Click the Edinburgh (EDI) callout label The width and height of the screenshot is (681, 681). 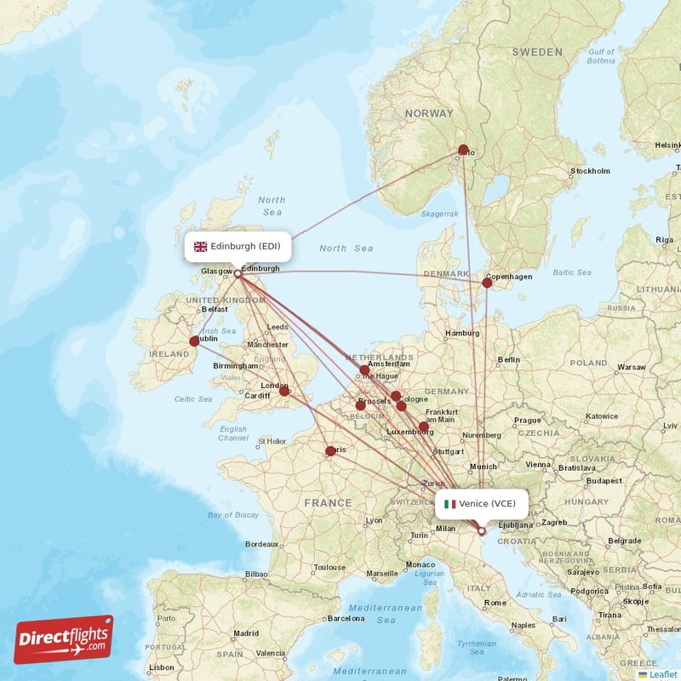(237, 247)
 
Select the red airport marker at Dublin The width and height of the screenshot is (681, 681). (194, 340)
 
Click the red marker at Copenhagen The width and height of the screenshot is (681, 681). (487, 283)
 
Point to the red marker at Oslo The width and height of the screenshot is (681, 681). (463, 150)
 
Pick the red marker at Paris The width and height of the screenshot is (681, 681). (330, 451)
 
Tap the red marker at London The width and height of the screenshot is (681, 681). (284, 392)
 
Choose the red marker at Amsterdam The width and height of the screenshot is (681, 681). (364, 370)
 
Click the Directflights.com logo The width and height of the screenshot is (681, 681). (64, 639)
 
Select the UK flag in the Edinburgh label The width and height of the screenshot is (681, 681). (201, 247)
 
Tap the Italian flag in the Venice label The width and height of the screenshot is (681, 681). (449, 503)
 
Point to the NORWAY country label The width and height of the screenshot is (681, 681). (430, 113)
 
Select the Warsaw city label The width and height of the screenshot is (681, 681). (632, 368)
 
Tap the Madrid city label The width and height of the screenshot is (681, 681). (246, 633)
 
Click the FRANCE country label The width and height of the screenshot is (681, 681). (328, 503)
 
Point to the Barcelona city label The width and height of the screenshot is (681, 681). (346, 618)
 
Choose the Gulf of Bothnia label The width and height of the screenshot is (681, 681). (600, 56)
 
